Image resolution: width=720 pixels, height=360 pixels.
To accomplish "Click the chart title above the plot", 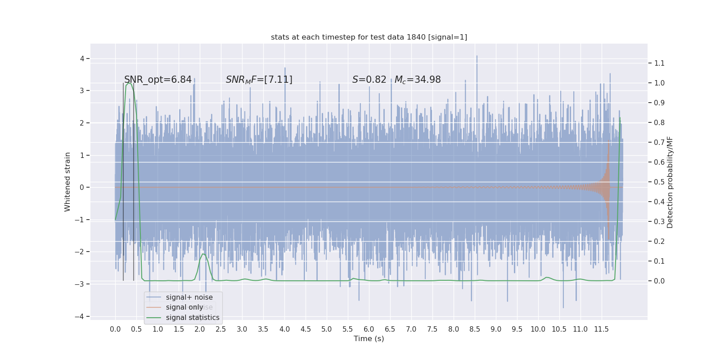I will [x=369, y=37].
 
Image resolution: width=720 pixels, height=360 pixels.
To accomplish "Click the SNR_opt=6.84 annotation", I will [x=158, y=80].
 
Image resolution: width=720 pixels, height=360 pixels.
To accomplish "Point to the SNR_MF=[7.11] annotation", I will [x=259, y=80].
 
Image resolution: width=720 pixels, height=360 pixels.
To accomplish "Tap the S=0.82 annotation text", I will [x=369, y=80].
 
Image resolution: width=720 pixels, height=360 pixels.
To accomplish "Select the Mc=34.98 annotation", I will [x=418, y=80].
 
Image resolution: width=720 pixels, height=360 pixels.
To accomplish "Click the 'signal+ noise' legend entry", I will [x=189, y=297].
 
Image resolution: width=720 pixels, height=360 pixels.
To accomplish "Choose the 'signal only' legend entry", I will [x=184, y=307].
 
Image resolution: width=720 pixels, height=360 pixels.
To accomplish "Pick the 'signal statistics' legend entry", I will [x=193, y=318].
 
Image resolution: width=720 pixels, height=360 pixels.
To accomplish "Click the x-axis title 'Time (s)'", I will [x=369, y=339].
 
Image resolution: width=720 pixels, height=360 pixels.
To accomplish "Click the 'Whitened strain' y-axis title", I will [x=67, y=182].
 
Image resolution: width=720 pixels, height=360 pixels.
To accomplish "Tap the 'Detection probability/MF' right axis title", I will [x=670, y=182].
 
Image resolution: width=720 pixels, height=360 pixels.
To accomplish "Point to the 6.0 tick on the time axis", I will [x=369, y=329].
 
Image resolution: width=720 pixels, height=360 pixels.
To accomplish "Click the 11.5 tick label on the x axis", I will [x=601, y=329].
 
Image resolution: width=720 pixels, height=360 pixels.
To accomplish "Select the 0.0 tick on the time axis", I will [x=115, y=329].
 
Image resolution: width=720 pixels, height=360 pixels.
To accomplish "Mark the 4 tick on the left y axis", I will [x=82, y=58].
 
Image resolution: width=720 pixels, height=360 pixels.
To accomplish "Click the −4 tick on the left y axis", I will [x=80, y=316].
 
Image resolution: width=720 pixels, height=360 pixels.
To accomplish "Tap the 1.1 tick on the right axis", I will [x=659, y=63].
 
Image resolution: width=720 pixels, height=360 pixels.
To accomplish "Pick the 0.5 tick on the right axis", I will [x=659, y=182].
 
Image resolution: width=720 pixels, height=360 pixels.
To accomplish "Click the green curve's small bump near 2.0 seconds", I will [x=203, y=255].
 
